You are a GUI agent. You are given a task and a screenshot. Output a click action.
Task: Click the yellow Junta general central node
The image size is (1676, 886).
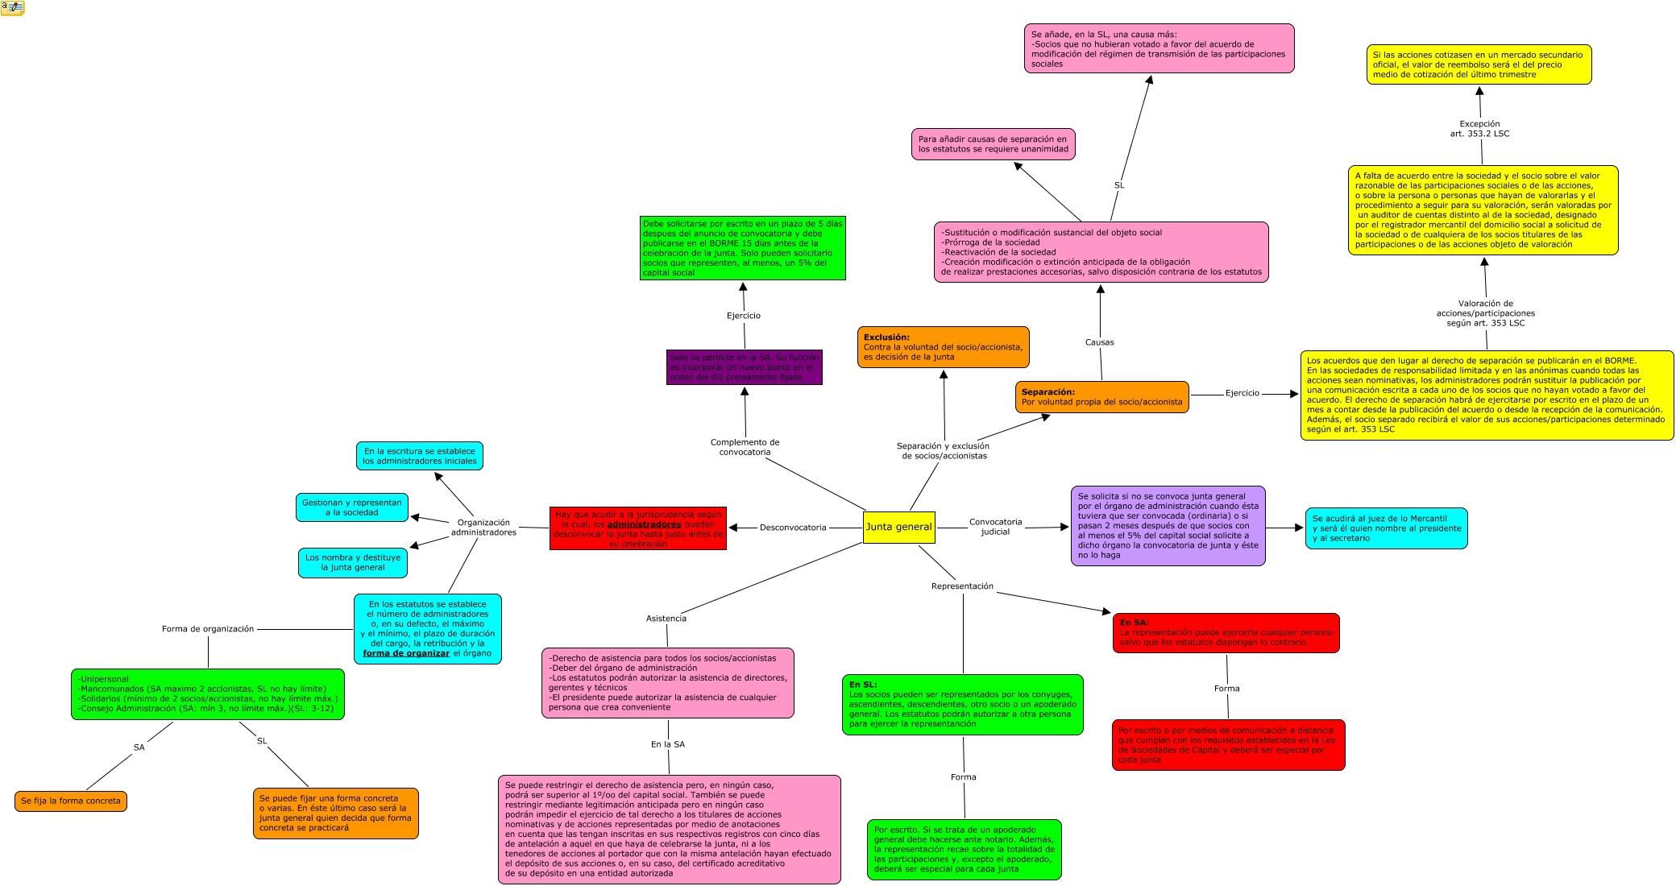pyautogui.click(x=898, y=527)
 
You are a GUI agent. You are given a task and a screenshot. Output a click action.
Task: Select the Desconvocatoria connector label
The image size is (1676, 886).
pyautogui.click(x=793, y=528)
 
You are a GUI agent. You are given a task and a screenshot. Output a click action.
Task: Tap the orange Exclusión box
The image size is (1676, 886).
pyautogui.click(x=943, y=347)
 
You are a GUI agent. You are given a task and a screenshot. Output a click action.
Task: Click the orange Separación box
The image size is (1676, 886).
pyautogui.click(x=1101, y=397)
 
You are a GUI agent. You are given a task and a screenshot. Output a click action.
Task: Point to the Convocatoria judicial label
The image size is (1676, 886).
pyautogui.click(x=995, y=527)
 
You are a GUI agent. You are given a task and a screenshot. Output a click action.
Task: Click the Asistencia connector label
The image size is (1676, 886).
pyautogui.click(x=666, y=619)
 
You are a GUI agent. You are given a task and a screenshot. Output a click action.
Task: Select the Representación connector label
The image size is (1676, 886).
pyautogui.click(x=962, y=586)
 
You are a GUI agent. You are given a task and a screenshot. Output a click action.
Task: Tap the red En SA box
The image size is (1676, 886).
pyautogui.click(x=1226, y=633)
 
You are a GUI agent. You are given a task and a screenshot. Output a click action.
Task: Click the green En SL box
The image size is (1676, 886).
pyautogui.click(x=962, y=705)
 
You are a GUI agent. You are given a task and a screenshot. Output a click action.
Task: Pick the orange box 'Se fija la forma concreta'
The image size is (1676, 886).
pyautogui.click(x=71, y=801)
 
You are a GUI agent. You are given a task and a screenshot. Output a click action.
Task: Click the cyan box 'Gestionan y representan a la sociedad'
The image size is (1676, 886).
pyautogui.click(x=352, y=507)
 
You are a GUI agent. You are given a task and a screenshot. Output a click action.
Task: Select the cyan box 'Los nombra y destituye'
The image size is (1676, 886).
pyautogui.click(x=353, y=562)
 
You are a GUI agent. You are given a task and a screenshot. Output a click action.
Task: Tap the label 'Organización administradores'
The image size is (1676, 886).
pyautogui.click(x=483, y=528)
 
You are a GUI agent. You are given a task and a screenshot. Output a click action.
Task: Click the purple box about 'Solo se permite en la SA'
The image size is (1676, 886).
pyautogui.click(x=744, y=367)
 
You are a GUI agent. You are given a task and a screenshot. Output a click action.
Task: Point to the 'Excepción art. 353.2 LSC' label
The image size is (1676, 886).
pyautogui.click(x=1479, y=129)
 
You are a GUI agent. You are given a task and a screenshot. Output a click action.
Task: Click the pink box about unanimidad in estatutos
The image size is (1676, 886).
pyautogui.click(x=993, y=144)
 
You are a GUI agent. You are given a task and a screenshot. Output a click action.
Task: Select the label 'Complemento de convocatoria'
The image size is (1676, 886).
pyautogui.click(x=745, y=447)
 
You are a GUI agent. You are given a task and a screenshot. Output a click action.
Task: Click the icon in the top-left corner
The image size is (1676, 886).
pyautogui.click(x=13, y=8)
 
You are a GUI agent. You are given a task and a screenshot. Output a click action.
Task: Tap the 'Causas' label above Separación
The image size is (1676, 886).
pyautogui.click(x=1099, y=342)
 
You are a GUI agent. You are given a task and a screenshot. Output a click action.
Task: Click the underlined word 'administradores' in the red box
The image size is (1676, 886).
pyautogui.click(x=644, y=524)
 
